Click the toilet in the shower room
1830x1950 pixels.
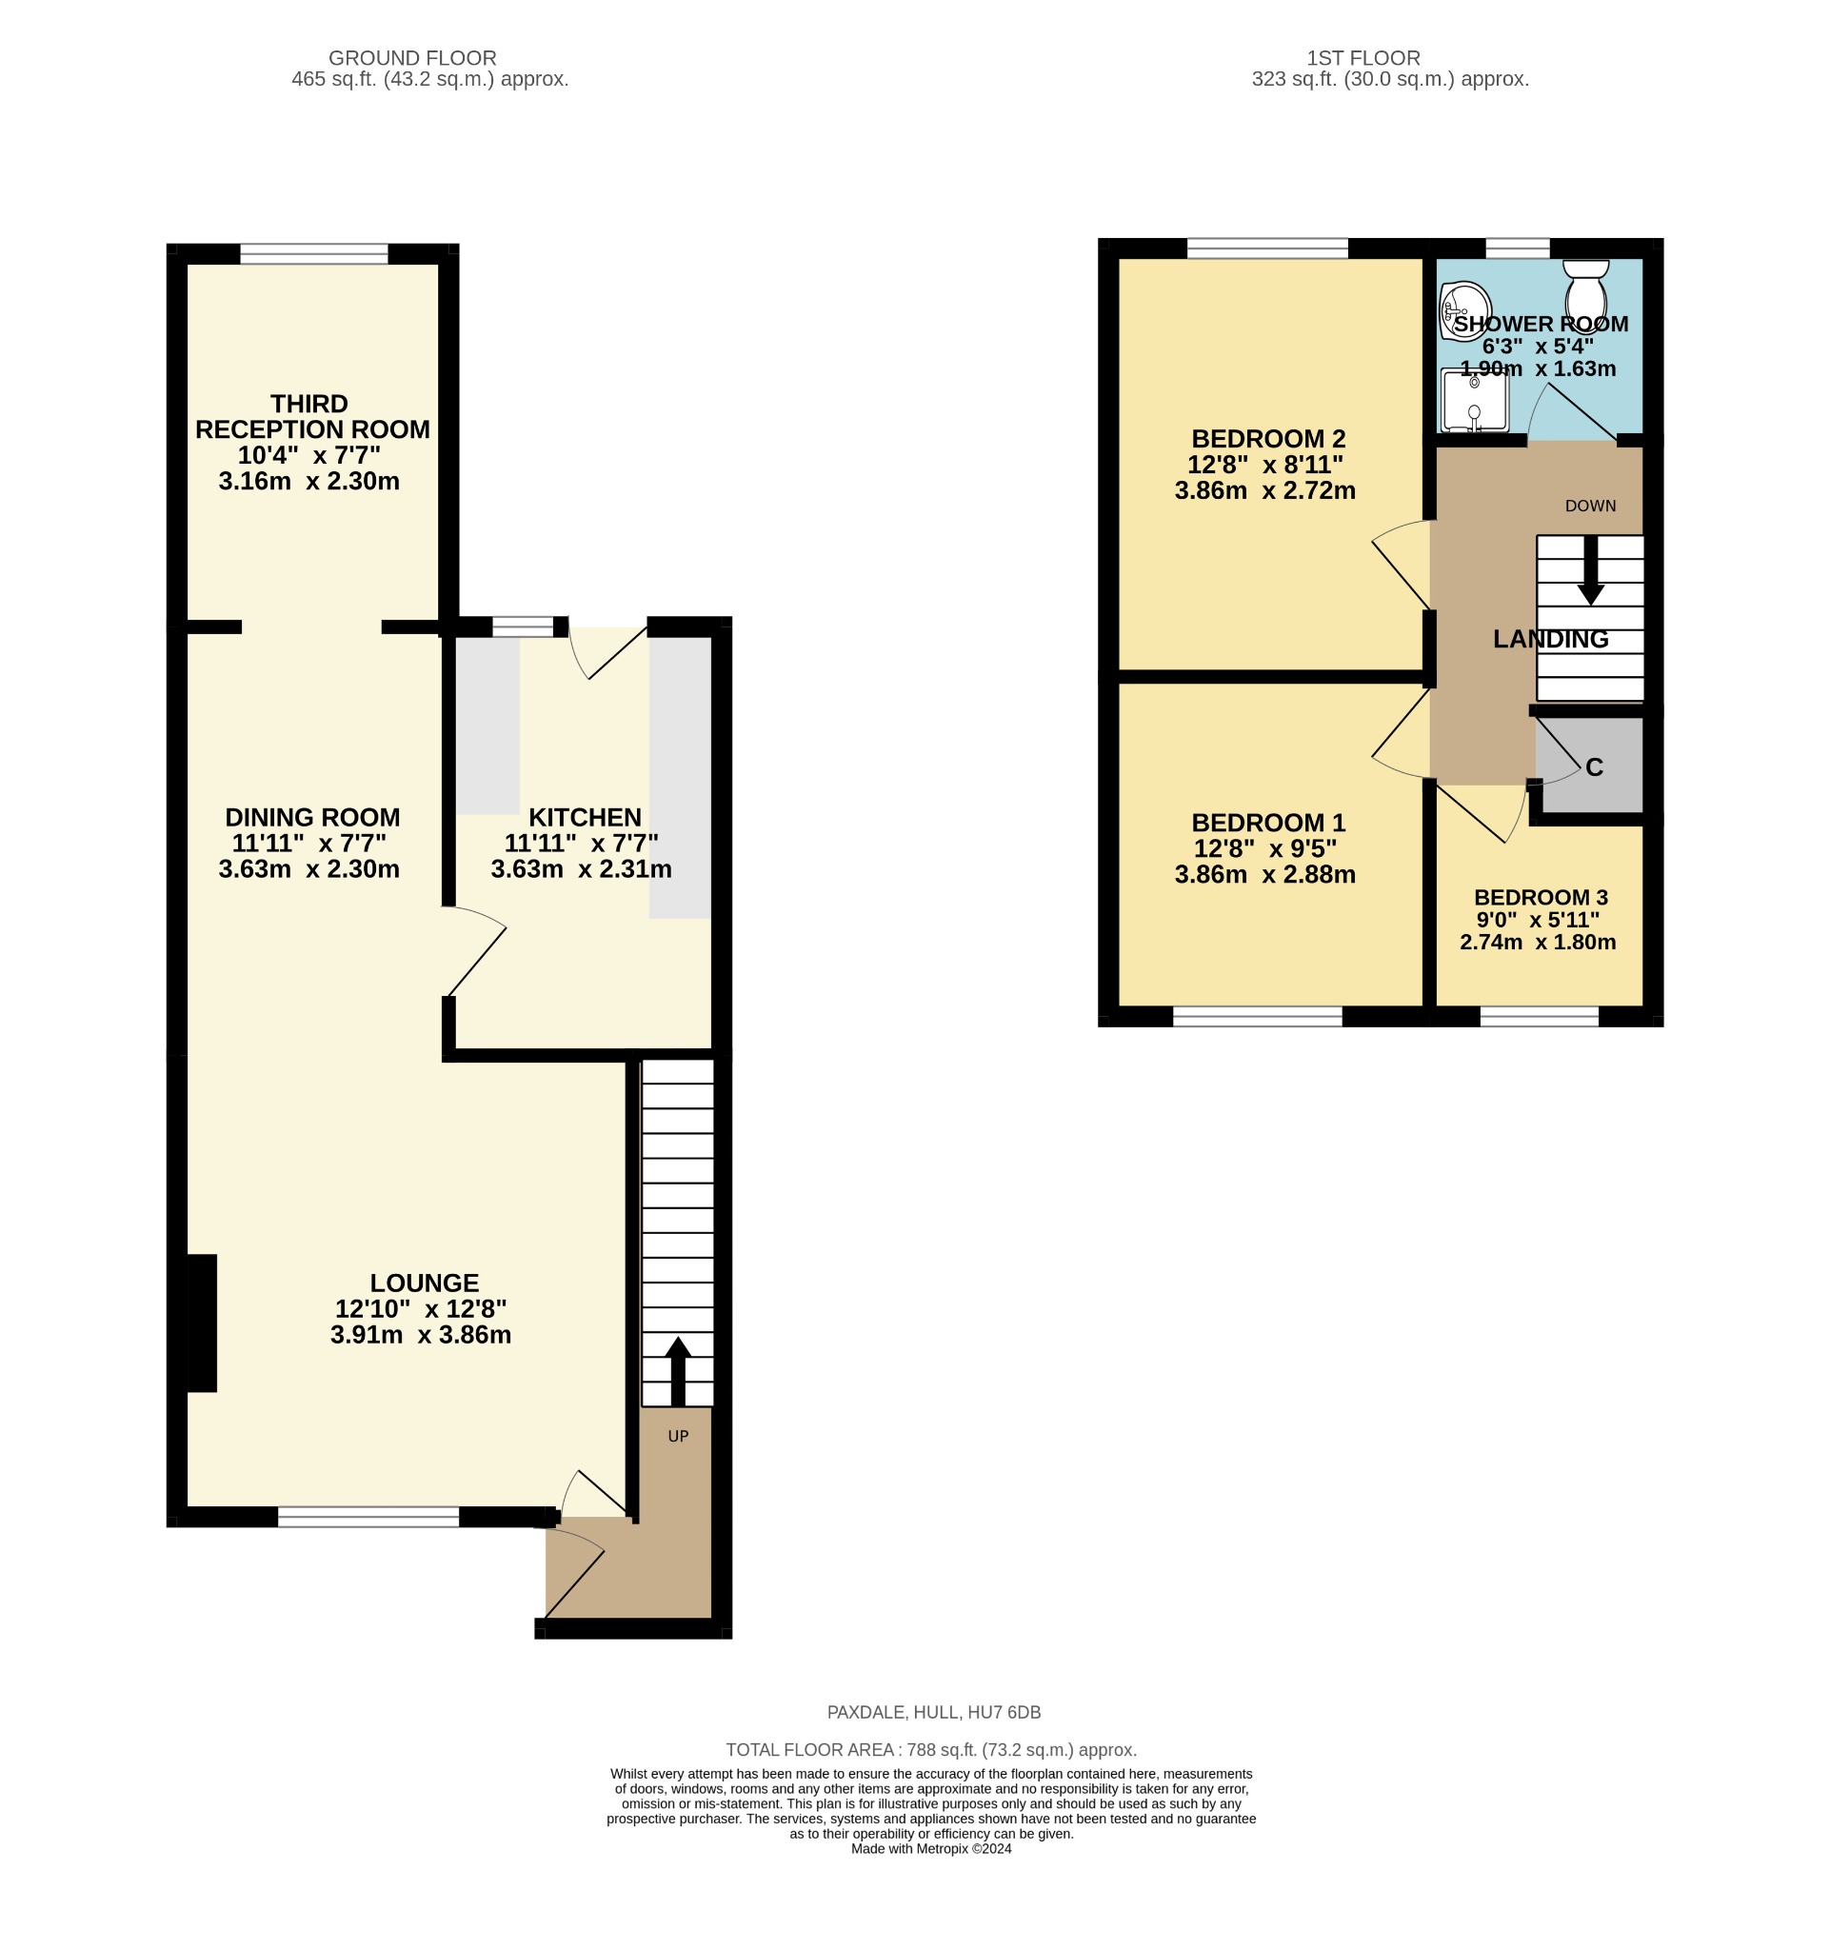pyautogui.click(x=1584, y=286)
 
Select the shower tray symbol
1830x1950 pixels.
pyautogui.click(x=1474, y=400)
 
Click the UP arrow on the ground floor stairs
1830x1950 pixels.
pyautogui.click(x=678, y=1369)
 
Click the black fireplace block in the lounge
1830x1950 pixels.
pyautogui.click(x=202, y=1323)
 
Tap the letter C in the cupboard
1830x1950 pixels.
pyautogui.click(x=1594, y=768)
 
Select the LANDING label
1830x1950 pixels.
pyautogui.click(x=1549, y=640)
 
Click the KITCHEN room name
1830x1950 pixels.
pyautogui.click(x=585, y=817)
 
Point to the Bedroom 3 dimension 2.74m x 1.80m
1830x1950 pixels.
pyautogui.click(x=1537, y=943)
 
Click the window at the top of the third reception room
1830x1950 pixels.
pyautogui.click(x=314, y=254)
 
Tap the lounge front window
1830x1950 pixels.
pyautogui.click(x=368, y=1517)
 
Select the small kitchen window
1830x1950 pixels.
pyautogui.click(x=522, y=627)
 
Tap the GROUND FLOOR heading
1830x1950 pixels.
pyautogui.click(x=412, y=58)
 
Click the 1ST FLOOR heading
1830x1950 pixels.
pyautogui.click(x=1363, y=58)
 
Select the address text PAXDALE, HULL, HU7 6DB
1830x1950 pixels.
pyautogui.click(x=934, y=1713)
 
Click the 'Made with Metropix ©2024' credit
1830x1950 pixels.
pyautogui.click(x=930, y=1849)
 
